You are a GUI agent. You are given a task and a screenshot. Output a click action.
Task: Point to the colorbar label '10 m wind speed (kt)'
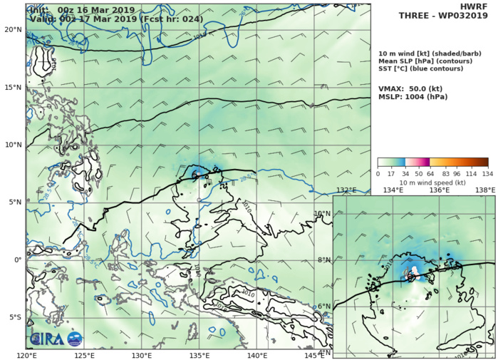coord(432,183)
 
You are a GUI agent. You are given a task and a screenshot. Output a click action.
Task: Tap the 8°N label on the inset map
coord(323,260)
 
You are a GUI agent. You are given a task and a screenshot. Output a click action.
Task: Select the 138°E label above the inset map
coord(485,190)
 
